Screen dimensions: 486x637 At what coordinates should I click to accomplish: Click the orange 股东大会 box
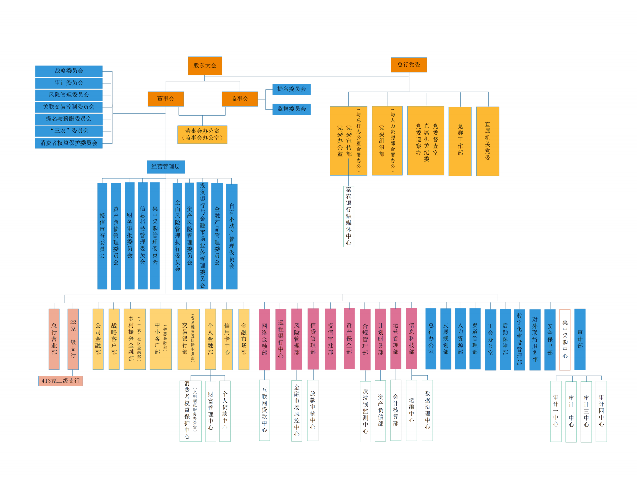click(205, 66)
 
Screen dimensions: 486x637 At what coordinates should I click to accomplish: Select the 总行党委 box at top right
click(408, 65)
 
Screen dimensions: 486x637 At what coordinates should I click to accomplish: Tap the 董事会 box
click(165, 99)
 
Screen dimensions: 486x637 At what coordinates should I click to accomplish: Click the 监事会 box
click(239, 99)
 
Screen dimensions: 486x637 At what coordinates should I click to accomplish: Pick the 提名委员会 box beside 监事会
click(291, 89)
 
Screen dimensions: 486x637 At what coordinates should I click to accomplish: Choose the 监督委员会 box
click(291, 109)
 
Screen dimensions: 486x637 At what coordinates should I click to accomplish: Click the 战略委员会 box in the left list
click(69, 71)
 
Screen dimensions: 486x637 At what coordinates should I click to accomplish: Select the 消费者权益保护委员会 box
click(69, 143)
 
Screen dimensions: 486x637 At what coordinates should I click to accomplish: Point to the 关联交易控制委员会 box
click(69, 107)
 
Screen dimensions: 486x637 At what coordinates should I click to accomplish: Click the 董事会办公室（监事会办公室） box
click(202, 134)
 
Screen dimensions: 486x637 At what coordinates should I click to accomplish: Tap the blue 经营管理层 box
click(165, 167)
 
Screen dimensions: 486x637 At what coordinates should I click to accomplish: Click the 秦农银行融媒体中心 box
click(348, 216)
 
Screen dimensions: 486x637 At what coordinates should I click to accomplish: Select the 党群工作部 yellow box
click(460, 141)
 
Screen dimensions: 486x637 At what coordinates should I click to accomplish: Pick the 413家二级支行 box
click(61, 381)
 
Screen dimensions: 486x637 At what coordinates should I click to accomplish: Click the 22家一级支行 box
click(73, 339)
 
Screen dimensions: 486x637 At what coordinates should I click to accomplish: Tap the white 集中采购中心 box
click(565, 339)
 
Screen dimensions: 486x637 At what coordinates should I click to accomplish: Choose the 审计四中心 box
click(601, 411)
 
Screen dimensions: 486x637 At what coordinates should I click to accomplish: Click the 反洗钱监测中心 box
click(365, 411)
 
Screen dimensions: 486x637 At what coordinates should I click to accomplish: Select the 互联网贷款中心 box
click(264, 410)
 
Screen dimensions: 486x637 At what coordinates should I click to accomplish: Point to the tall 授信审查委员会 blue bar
click(102, 236)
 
